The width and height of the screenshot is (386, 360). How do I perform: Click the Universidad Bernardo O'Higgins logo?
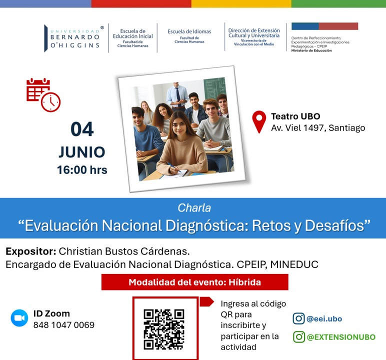coord(74,38)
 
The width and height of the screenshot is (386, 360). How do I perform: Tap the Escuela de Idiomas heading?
coord(189,31)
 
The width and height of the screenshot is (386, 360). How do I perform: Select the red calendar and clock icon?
coord(43,95)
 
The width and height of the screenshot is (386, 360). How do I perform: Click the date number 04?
coord(82,129)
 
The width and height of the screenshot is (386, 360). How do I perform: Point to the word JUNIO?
coord(82,152)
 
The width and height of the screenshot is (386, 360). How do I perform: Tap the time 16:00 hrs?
coord(82,170)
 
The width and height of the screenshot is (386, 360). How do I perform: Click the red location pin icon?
coord(259,122)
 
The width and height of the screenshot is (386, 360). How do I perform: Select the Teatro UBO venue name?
coord(295,116)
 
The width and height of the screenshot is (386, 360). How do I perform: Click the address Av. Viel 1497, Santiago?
coord(318,128)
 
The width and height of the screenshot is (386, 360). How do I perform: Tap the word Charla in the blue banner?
coord(194,208)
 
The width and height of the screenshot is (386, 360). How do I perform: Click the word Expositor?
coord(31,251)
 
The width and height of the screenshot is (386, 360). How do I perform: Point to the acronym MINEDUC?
coord(294,264)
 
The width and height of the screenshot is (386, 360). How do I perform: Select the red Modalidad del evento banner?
coord(194,282)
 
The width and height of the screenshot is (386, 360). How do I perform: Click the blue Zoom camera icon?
coord(19,318)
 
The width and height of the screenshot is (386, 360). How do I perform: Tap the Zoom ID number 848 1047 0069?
coord(64,325)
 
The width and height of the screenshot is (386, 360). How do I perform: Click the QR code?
coord(164,329)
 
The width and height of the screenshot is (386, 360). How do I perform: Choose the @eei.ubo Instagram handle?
coord(324,319)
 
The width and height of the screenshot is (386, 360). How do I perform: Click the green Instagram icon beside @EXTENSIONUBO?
coord(299,337)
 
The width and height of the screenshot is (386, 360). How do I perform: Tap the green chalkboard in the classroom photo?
coord(215,89)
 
